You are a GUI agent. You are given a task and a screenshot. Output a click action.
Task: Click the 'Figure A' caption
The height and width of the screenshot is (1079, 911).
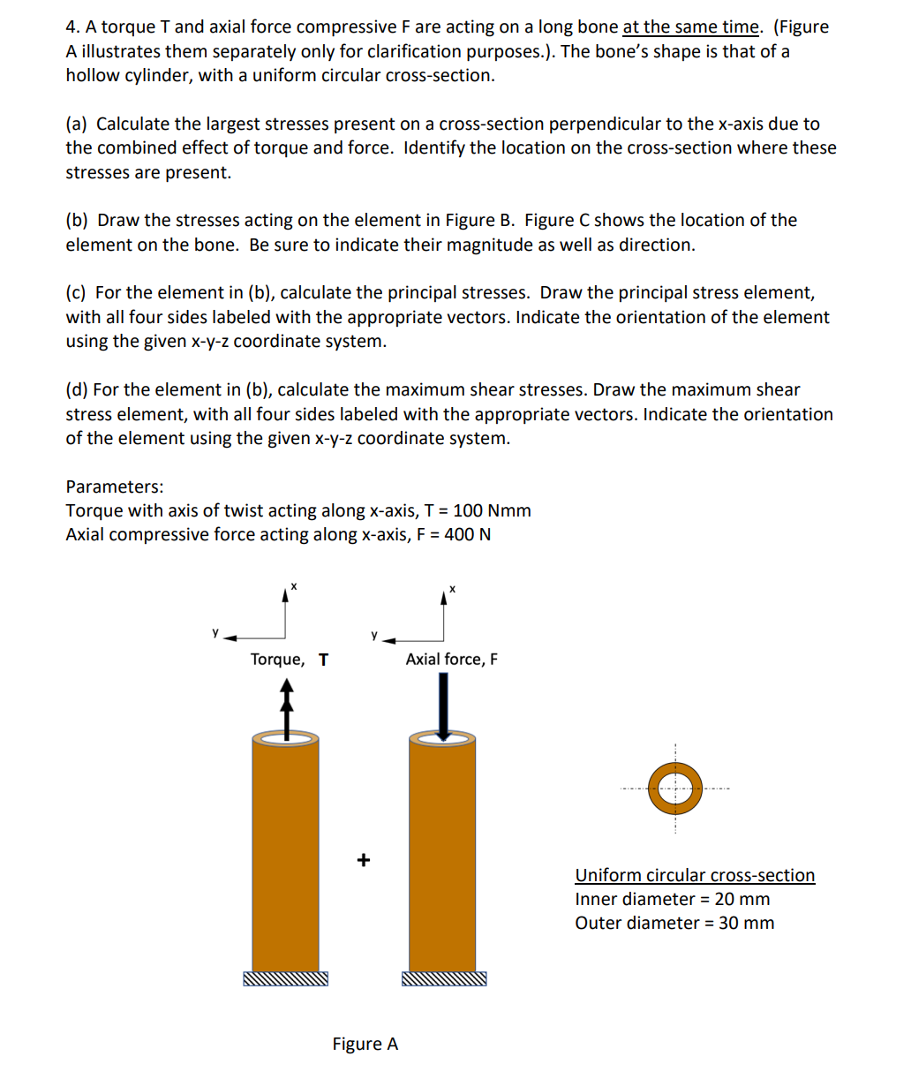(x=365, y=1044)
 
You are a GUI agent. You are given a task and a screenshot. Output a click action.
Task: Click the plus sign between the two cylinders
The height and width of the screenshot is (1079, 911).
(x=363, y=859)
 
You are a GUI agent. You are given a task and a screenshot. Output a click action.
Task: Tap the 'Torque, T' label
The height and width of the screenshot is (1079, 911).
(x=289, y=660)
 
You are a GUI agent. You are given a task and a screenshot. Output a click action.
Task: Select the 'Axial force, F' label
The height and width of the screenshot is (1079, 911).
(x=451, y=660)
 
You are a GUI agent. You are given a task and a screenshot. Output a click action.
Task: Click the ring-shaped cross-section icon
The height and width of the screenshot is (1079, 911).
(x=675, y=788)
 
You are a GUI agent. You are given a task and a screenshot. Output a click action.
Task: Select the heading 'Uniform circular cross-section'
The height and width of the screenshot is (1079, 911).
(x=695, y=875)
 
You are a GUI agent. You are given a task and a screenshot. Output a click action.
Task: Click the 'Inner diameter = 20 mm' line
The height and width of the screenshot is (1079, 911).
(x=672, y=899)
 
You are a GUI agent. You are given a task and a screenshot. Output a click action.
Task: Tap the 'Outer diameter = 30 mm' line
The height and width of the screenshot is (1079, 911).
(x=674, y=923)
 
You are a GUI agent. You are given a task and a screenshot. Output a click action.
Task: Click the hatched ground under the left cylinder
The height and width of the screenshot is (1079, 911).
(x=285, y=979)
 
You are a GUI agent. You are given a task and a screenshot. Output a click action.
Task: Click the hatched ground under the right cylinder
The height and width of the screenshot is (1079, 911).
(x=443, y=979)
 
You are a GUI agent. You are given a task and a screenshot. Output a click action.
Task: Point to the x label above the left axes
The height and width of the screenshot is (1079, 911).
(x=294, y=587)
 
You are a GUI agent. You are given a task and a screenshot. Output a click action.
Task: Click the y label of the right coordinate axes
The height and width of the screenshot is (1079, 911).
(x=374, y=634)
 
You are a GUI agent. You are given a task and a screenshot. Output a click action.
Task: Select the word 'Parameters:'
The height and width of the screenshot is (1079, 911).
(x=115, y=487)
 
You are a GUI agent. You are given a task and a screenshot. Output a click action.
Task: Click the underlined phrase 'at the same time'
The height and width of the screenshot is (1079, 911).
(x=690, y=27)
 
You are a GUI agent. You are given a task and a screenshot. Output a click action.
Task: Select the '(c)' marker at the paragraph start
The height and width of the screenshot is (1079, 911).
(x=77, y=292)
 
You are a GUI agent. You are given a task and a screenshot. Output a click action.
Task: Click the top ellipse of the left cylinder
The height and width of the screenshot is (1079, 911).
(x=285, y=739)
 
